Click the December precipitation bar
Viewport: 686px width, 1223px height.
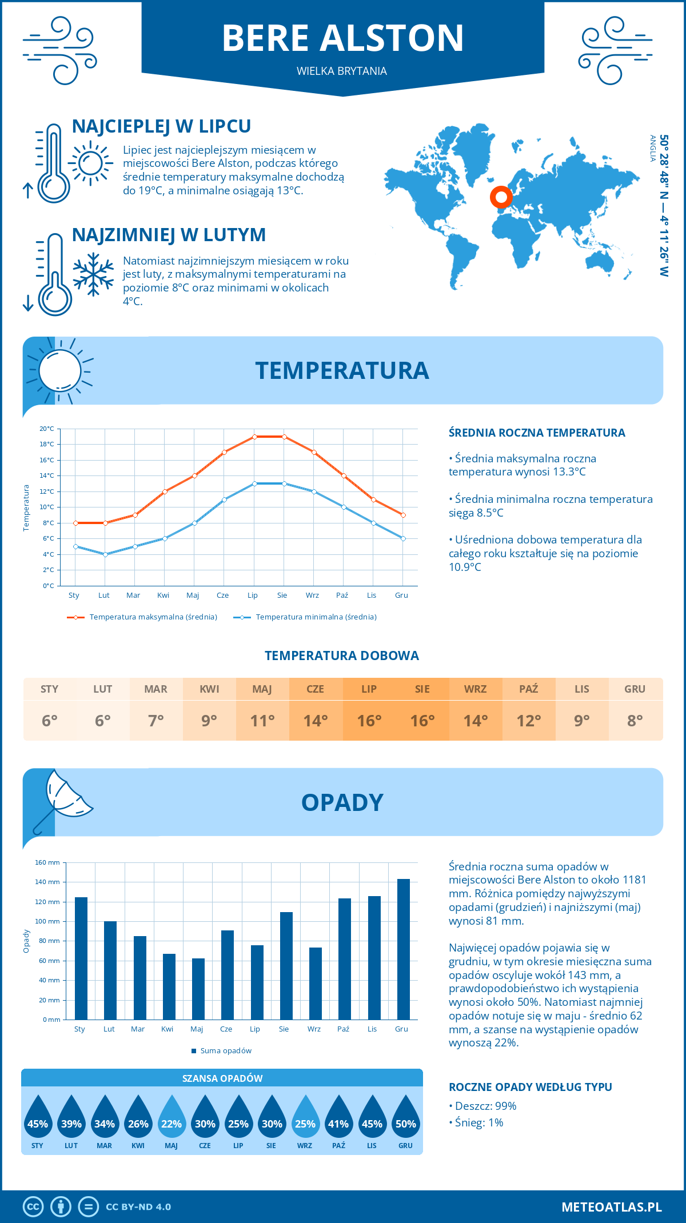coord(403,949)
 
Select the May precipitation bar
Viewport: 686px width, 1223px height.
coord(198,989)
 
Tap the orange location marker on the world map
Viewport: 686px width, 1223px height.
coord(501,197)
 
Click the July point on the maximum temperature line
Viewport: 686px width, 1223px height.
coord(254,437)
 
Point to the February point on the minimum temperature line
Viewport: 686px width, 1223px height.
coord(105,554)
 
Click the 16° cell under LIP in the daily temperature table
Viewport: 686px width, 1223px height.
coord(369,721)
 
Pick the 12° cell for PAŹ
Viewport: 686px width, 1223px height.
coord(528,721)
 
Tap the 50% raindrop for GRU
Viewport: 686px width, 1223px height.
coord(405,1120)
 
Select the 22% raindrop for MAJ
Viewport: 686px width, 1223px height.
coord(171,1120)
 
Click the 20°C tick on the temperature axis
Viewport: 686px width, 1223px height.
coord(47,429)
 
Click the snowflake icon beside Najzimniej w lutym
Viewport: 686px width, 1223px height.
coord(93,274)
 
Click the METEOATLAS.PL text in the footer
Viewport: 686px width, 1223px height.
coord(611,1206)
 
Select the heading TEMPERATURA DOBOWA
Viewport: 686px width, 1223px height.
coord(342,656)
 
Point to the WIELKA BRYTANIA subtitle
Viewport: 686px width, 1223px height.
coord(342,71)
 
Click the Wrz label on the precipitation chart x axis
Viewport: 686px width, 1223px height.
coord(314,1029)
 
